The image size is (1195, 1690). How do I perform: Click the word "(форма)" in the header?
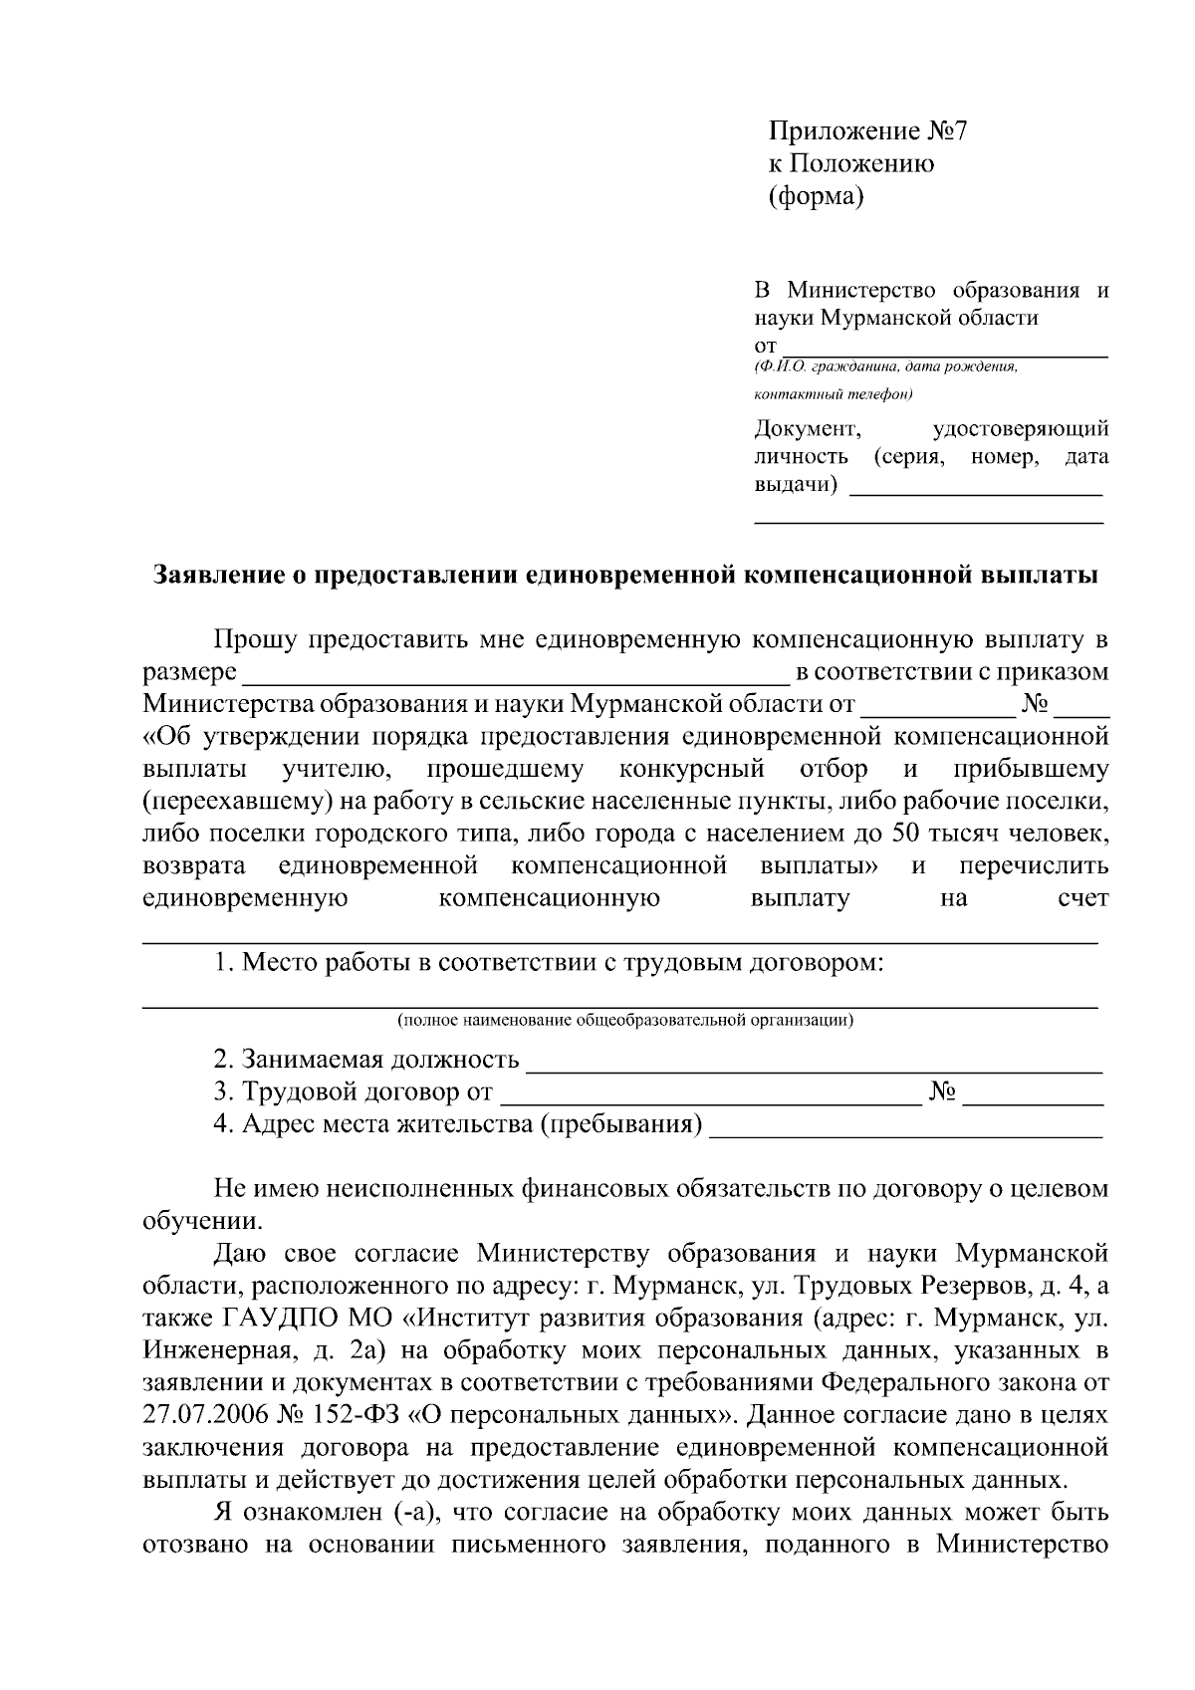tap(816, 196)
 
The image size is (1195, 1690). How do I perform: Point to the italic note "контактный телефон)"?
tap(834, 394)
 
